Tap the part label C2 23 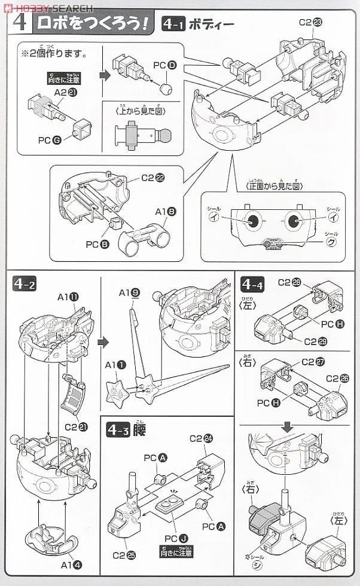pos(310,23)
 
